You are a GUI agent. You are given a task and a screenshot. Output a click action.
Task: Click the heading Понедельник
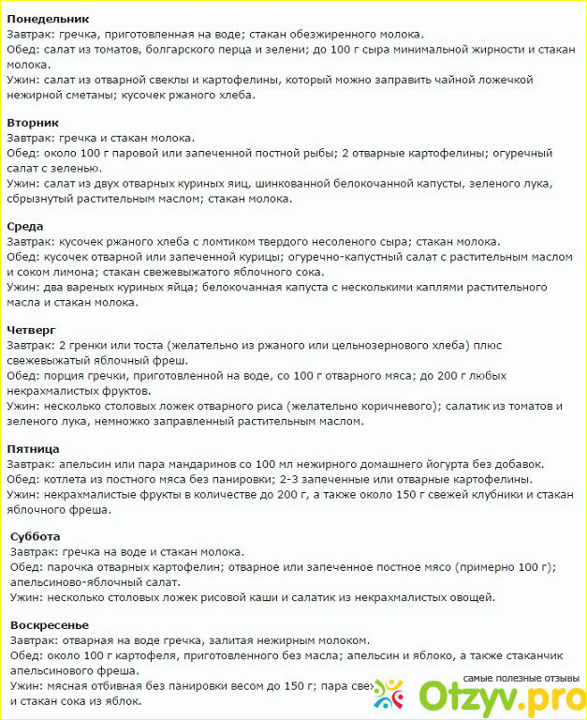click(48, 19)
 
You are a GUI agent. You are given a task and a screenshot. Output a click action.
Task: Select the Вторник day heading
click(33, 122)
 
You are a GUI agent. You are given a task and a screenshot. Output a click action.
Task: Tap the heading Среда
click(25, 226)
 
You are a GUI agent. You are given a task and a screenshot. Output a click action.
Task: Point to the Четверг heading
click(32, 330)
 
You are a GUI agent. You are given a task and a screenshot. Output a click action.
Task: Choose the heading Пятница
click(34, 449)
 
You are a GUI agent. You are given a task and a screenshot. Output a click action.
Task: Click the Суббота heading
click(36, 536)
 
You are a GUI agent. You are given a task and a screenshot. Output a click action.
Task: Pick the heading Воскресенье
click(50, 624)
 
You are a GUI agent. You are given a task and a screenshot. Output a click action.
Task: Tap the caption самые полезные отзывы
click(520, 678)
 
